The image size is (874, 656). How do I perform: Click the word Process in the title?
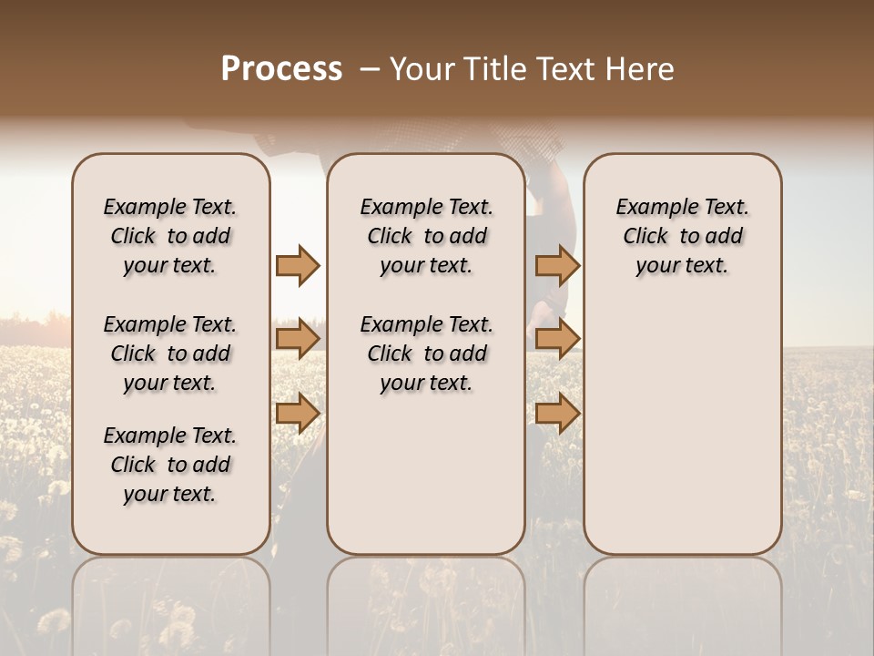click(281, 69)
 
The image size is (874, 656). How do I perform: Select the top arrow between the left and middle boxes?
click(298, 265)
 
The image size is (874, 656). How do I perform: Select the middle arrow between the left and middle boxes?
click(298, 339)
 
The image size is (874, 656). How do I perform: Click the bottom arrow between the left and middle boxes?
click(298, 414)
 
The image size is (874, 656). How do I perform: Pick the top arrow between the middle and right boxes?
click(557, 265)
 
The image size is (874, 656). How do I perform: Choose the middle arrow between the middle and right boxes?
click(557, 339)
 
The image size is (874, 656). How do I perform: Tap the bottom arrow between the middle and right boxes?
click(557, 414)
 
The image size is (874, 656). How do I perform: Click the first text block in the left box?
click(170, 236)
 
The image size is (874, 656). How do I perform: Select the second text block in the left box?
click(170, 354)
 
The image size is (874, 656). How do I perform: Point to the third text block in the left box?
click(170, 465)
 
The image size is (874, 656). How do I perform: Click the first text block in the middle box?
click(427, 236)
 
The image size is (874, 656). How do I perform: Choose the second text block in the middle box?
click(427, 354)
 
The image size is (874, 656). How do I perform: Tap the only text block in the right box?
click(683, 236)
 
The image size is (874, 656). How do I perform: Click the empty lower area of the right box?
click(683, 428)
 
